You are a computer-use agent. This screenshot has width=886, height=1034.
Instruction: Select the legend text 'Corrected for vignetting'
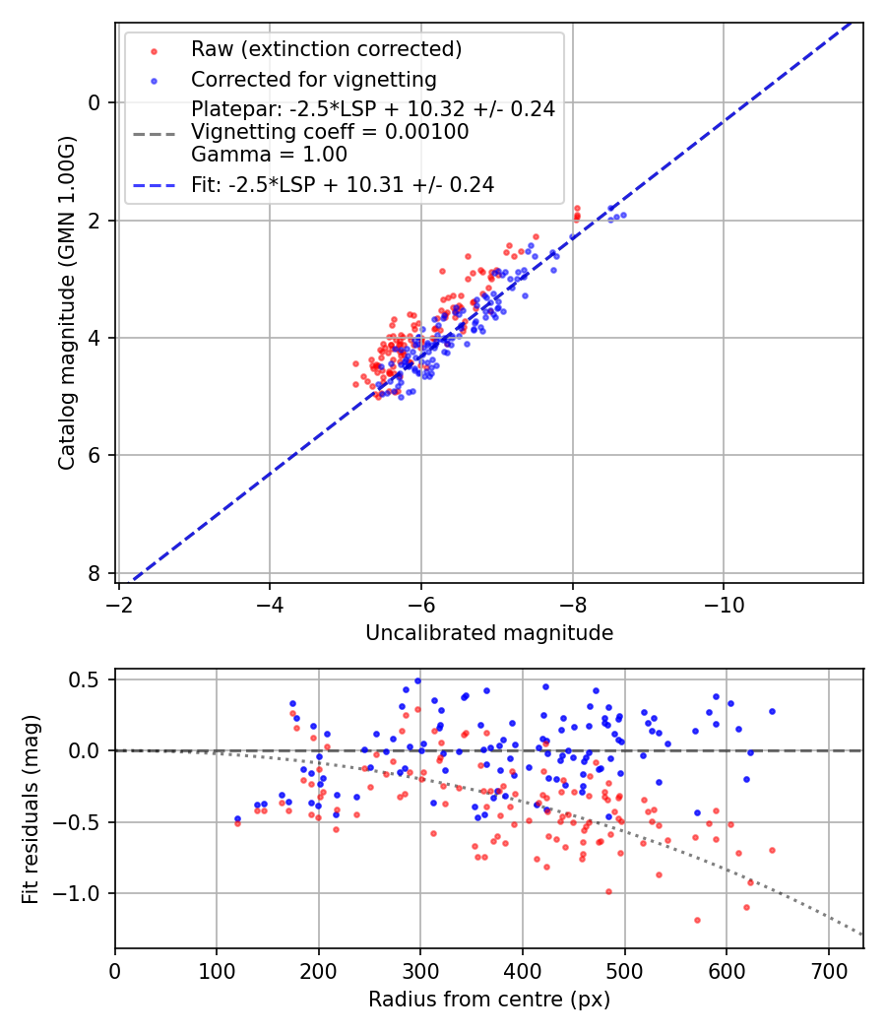(x=313, y=79)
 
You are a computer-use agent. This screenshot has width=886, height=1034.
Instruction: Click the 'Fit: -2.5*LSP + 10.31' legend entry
(x=342, y=184)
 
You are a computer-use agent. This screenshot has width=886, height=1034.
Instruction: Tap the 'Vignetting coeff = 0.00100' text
(x=330, y=131)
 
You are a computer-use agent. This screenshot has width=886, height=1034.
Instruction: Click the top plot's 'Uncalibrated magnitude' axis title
(x=489, y=633)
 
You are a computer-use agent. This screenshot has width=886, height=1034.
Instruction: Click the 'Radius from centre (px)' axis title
(x=489, y=1000)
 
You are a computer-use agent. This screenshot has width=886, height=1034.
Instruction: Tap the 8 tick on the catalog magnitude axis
(x=94, y=573)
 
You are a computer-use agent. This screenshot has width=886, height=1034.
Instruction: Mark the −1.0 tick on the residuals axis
(x=81, y=893)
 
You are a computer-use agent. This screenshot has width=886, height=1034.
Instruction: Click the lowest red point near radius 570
(x=697, y=920)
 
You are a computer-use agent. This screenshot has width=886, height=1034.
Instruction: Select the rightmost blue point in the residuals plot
(x=772, y=711)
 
